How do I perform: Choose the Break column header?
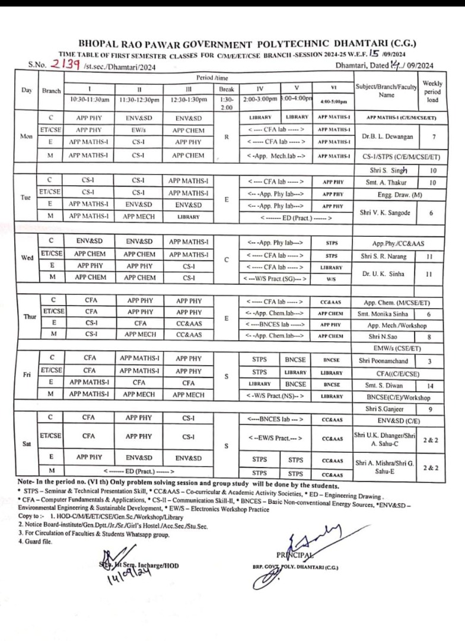(227, 89)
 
